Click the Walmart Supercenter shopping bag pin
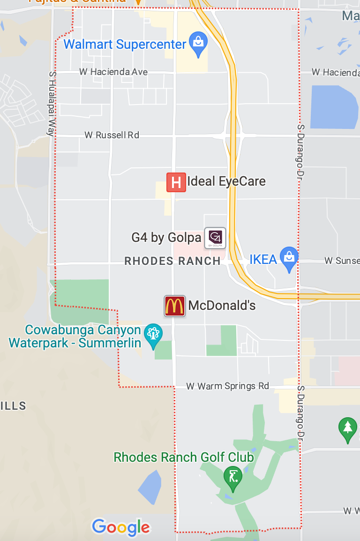click(x=198, y=43)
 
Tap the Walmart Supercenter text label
click(x=125, y=45)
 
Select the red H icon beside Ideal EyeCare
click(x=176, y=182)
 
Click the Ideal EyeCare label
click(x=226, y=181)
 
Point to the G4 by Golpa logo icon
click(x=215, y=238)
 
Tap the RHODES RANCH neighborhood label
click(x=172, y=261)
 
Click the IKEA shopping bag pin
click(x=289, y=258)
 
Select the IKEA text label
click(x=263, y=259)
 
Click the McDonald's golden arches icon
click(x=174, y=306)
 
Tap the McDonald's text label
click(x=222, y=306)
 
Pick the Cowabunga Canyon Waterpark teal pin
click(x=153, y=335)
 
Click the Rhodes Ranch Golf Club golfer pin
click(x=233, y=477)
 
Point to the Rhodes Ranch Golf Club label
click(x=184, y=457)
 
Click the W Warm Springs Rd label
click(x=228, y=386)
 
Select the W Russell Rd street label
click(x=112, y=135)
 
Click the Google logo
click(x=121, y=527)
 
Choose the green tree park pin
click(x=347, y=429)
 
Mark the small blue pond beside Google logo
click(x=150, y=488)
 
